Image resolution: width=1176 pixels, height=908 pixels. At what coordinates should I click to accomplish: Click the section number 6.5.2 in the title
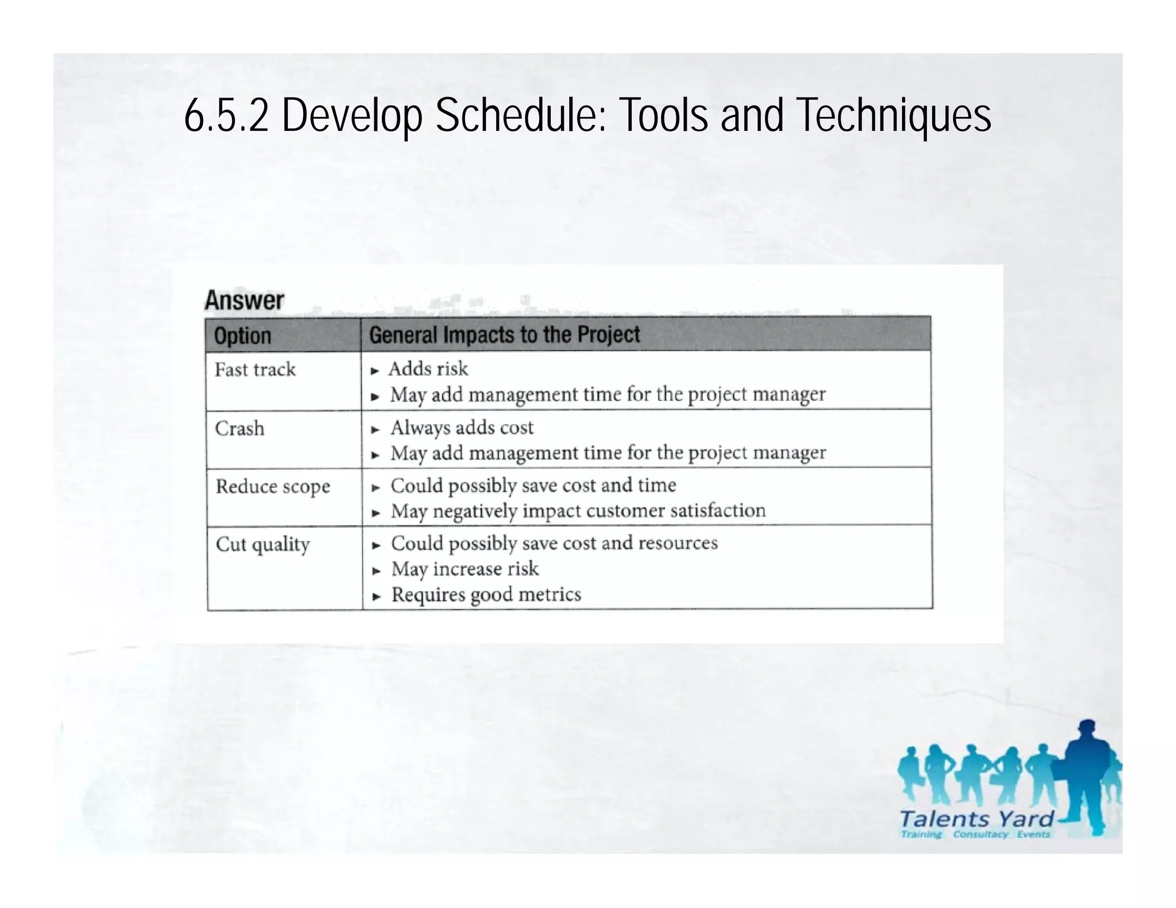click(x=226, y=115)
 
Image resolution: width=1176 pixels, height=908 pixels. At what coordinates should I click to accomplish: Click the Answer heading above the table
click(x=245, y=300)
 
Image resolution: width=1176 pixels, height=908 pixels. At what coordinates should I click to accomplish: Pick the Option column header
click(x=242, y=335)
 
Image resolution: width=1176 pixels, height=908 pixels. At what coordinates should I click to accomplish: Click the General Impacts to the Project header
click(x=504, y=335)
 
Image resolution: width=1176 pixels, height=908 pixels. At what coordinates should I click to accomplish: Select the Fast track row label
click(x=255, y=369)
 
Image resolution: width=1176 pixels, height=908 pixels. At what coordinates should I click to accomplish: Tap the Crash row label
click(x=239, y=428)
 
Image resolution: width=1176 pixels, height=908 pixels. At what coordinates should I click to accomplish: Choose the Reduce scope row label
click(x=273, y=487)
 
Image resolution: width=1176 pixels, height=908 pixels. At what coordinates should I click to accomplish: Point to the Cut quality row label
click(x=262, y=544)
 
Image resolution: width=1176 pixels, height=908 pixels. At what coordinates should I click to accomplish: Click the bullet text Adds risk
click(x=428, y=368)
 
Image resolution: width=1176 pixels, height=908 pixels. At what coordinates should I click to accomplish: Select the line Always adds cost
click(x=462, y=428)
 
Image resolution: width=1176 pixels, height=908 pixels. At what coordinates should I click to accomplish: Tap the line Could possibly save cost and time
click(x=533, y=486)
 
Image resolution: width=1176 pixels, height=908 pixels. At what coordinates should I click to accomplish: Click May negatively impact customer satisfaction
click(x=578, y=511)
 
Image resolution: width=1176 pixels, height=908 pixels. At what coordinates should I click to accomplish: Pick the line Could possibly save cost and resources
click(x=554, y=543)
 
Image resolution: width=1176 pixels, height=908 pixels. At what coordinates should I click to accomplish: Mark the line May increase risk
click(x=465, y=569)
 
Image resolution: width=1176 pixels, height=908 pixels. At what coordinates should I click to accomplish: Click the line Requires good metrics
click(x=486, y=595)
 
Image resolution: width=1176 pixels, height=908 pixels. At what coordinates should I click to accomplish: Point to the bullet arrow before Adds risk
click(x=375, y=371)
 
